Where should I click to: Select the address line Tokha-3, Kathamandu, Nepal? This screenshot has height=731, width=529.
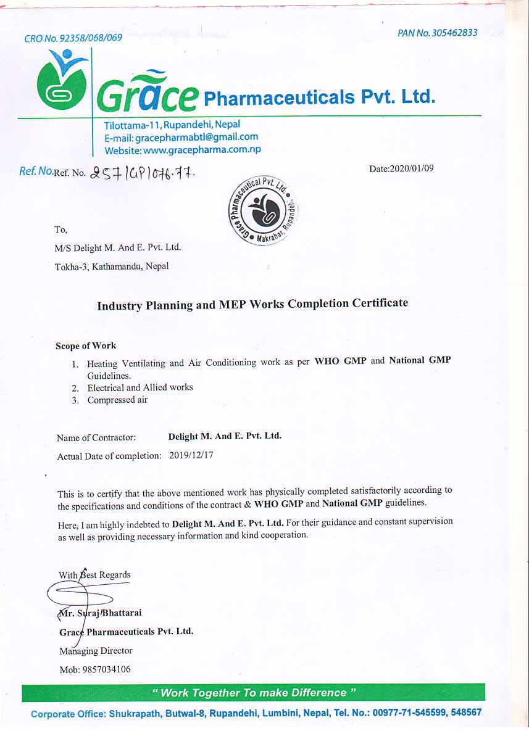point(112,266)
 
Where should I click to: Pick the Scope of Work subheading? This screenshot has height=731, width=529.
point(86,345)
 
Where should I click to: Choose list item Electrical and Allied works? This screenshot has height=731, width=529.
point(140,387)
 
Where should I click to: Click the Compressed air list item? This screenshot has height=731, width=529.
point(117,400)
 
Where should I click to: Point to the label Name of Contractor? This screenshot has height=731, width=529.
point(96,438)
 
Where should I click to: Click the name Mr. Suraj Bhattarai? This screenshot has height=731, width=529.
point(101,613)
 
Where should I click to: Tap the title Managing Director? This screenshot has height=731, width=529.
point(96,650)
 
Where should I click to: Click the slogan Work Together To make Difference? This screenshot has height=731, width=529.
point(254,693)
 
